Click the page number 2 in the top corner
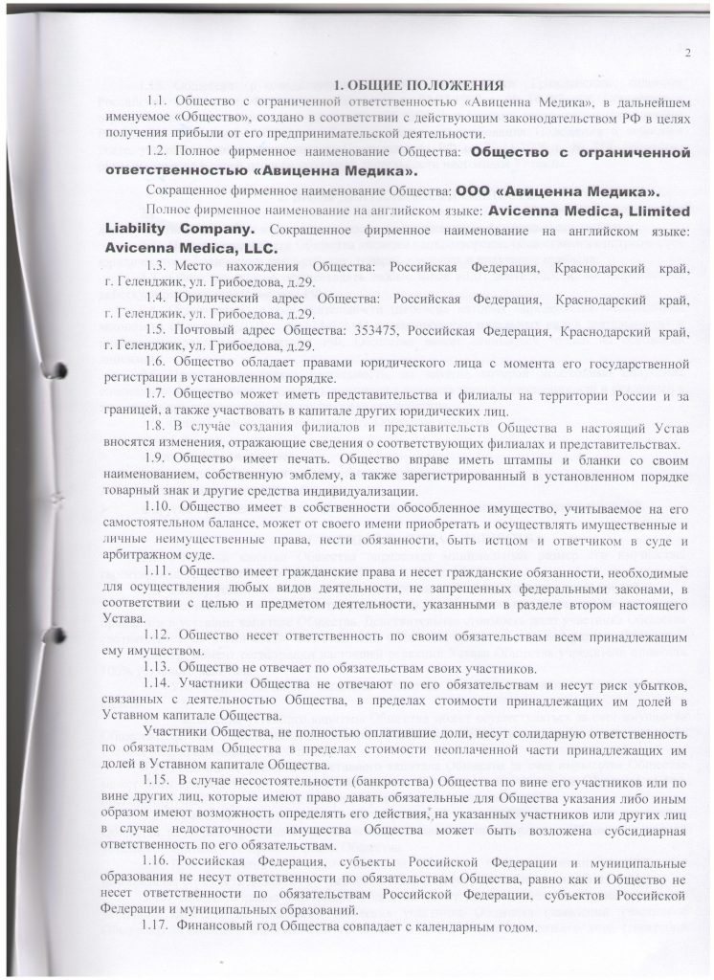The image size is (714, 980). [x=688, y=54]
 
